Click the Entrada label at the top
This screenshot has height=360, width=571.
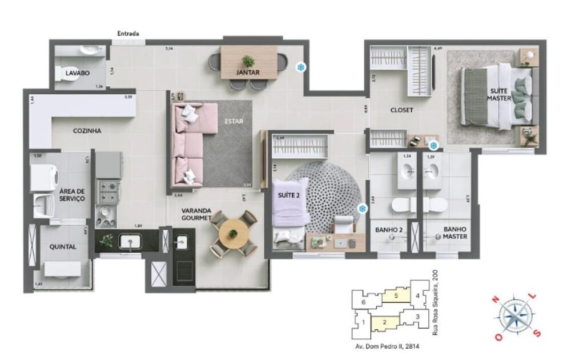pos(128,34)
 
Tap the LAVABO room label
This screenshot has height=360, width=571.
pos(75,74)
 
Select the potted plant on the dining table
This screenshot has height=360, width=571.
pos(248,61)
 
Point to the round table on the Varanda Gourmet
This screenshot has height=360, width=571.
pos(233,233)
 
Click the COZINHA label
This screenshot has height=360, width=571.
pos(87,131)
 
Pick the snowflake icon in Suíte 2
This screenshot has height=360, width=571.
pos(361,209)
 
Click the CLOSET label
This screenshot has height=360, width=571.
pos(401,110)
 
